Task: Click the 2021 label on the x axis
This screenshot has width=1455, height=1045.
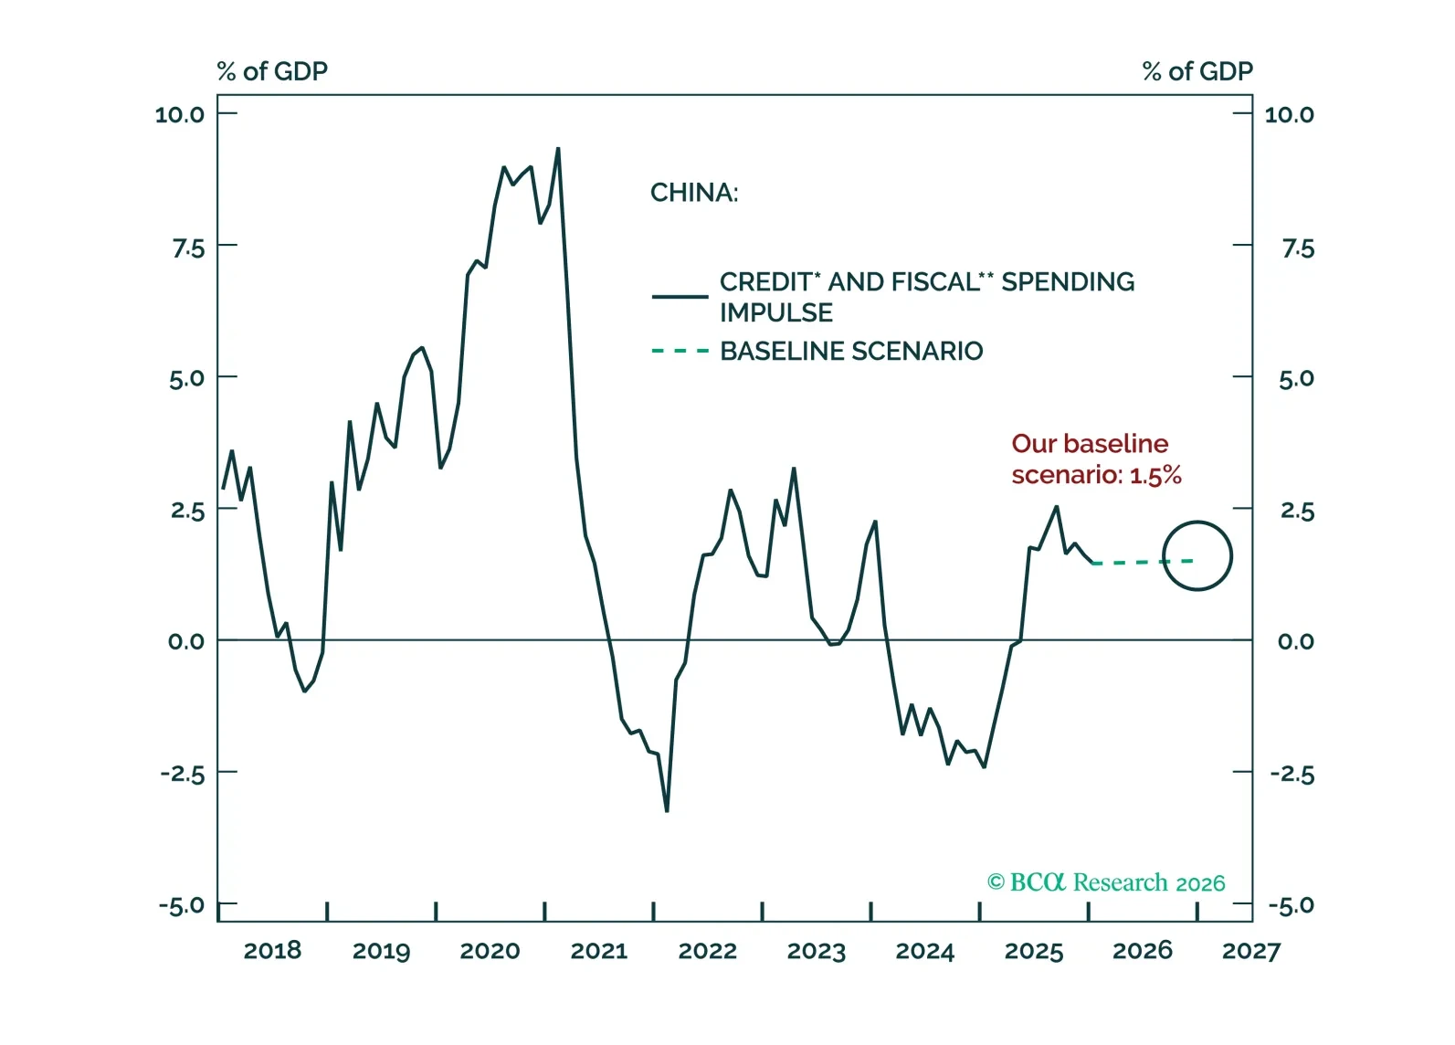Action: click(x=598, y=951)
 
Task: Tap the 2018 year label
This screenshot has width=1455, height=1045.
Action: click(x=272, y=951)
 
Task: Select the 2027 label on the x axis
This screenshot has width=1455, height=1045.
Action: click(x=1250, y=951)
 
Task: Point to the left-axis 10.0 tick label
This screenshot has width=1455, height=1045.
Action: click(x=180, y=114)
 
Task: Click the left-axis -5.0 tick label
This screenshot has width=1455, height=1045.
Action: click(x=182, y=905)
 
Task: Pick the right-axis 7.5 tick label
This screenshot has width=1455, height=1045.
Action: click(x=1297, y=248)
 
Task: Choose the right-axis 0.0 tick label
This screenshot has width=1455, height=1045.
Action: click(x=1295, y=641)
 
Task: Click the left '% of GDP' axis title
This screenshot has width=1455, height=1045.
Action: click(x=272, y=71)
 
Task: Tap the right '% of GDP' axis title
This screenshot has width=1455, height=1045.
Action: click(x=1197, y=71)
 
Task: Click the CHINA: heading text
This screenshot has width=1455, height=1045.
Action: click(x=694, y=193)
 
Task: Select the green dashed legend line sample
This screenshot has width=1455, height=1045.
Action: click(x=680, y=351)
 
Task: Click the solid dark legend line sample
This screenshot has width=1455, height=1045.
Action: click(x=680, y=297)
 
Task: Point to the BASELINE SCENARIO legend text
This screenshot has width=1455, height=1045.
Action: click(x=851, y=351)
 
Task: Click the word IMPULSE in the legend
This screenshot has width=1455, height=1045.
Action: click(x=776, y=312)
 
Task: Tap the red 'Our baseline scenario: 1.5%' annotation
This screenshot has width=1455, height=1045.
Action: click(x=1096, y=459)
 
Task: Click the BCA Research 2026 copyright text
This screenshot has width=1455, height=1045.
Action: click(x=1106, y=882)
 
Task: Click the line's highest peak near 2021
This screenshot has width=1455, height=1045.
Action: click(x=558, y=149)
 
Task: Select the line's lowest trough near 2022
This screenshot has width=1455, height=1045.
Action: click(x=667, y=810)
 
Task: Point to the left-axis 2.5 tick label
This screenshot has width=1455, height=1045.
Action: click(x=187, y=510)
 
